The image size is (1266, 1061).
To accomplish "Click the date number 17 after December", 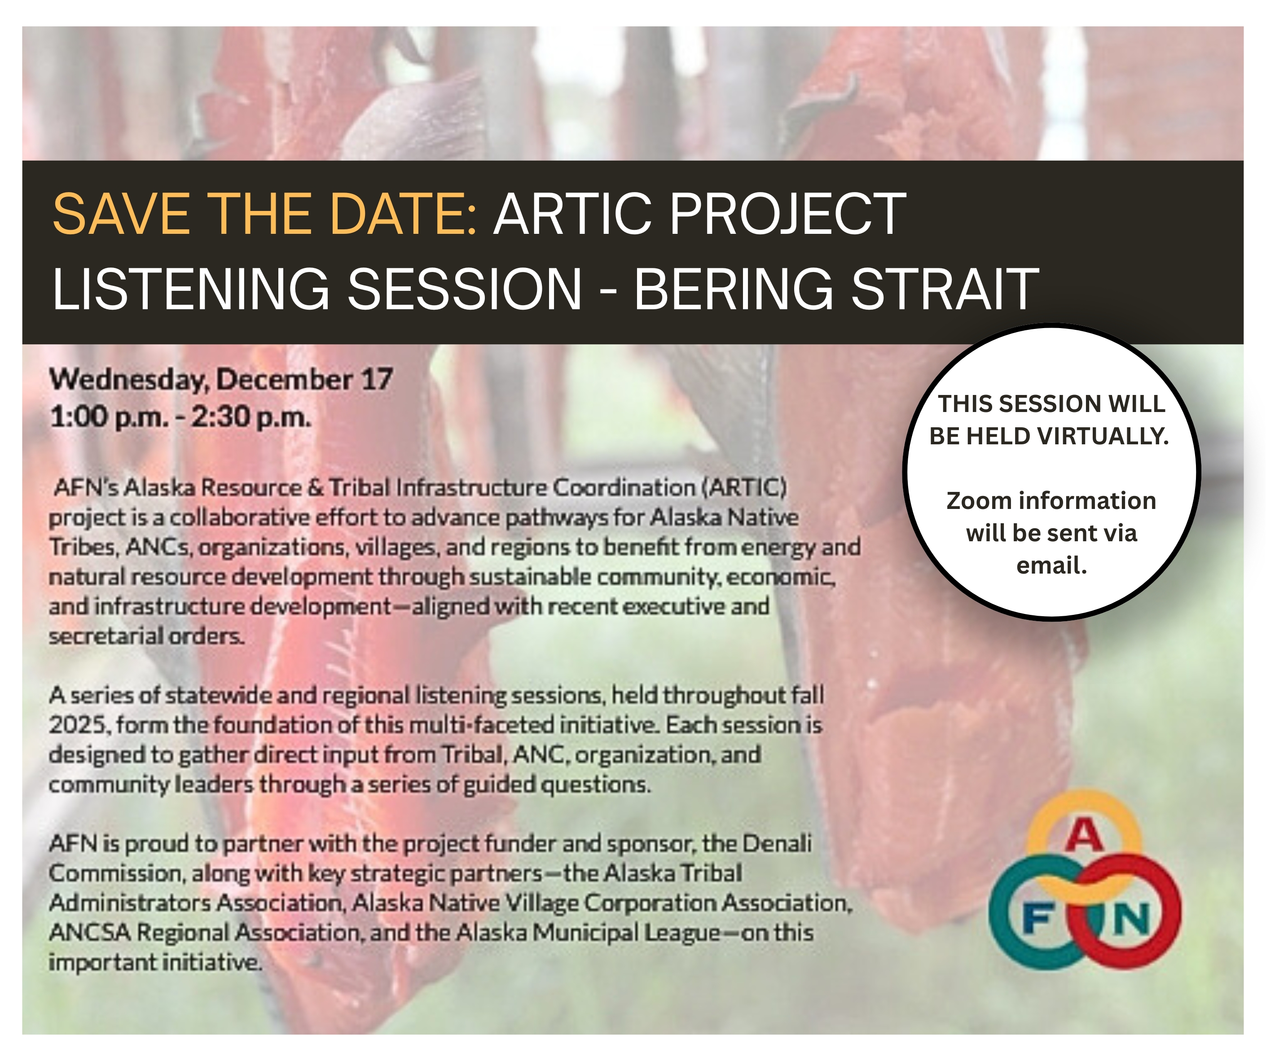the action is pos(377,379).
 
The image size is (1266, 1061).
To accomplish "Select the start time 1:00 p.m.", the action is pos(109,417).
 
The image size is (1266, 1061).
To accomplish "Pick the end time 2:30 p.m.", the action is pos(251,417).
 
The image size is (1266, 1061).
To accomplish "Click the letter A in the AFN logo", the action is pos(1084,836).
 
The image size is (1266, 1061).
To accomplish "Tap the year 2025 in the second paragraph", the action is pos(79,725).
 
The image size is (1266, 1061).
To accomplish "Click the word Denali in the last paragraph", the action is pos(777,843).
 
